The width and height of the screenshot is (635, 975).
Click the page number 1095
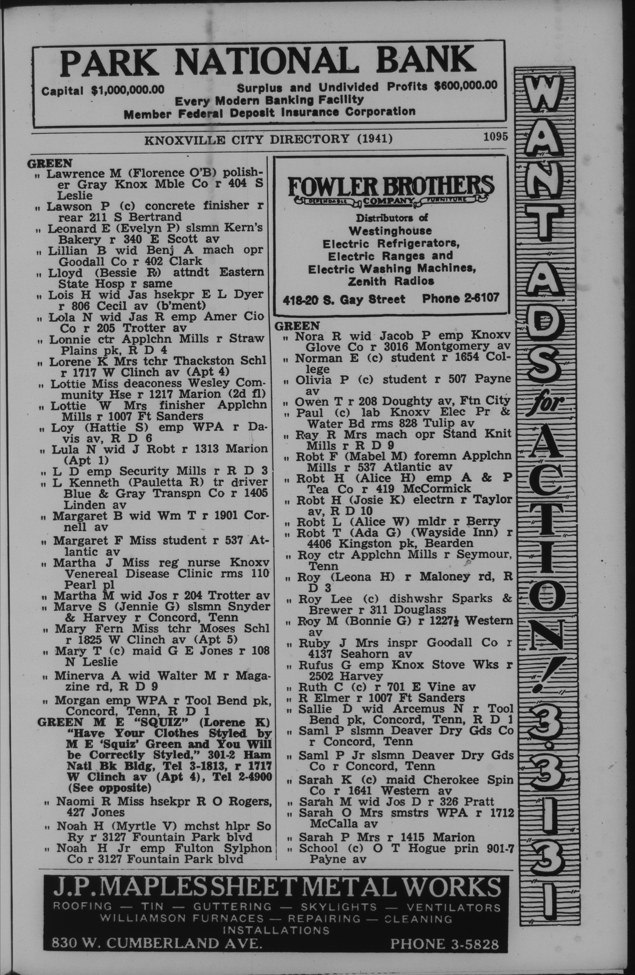tap(495, 136)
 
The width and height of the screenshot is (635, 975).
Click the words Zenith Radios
tap(390, 282)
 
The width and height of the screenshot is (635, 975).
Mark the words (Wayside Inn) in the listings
tap(440, 533)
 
